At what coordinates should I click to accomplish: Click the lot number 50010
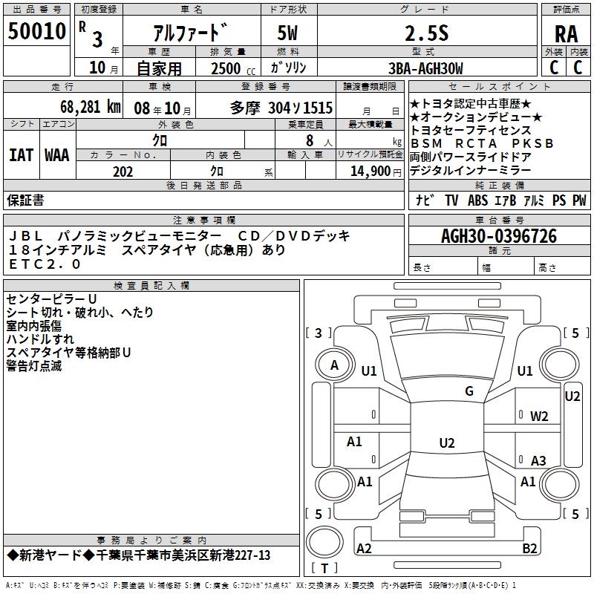pos(36,31)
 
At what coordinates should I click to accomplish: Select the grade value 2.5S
pos(427,33)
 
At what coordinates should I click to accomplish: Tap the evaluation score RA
pos(567,34)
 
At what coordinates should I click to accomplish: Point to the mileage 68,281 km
pos(91,107)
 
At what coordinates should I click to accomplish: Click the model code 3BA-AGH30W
pos(425,68)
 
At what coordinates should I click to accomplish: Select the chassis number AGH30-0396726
pos(499,236)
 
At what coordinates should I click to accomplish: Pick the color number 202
pos(123,172)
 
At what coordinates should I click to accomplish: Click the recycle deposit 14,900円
pos(376,172)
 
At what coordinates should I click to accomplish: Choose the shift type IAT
pos(21,155)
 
